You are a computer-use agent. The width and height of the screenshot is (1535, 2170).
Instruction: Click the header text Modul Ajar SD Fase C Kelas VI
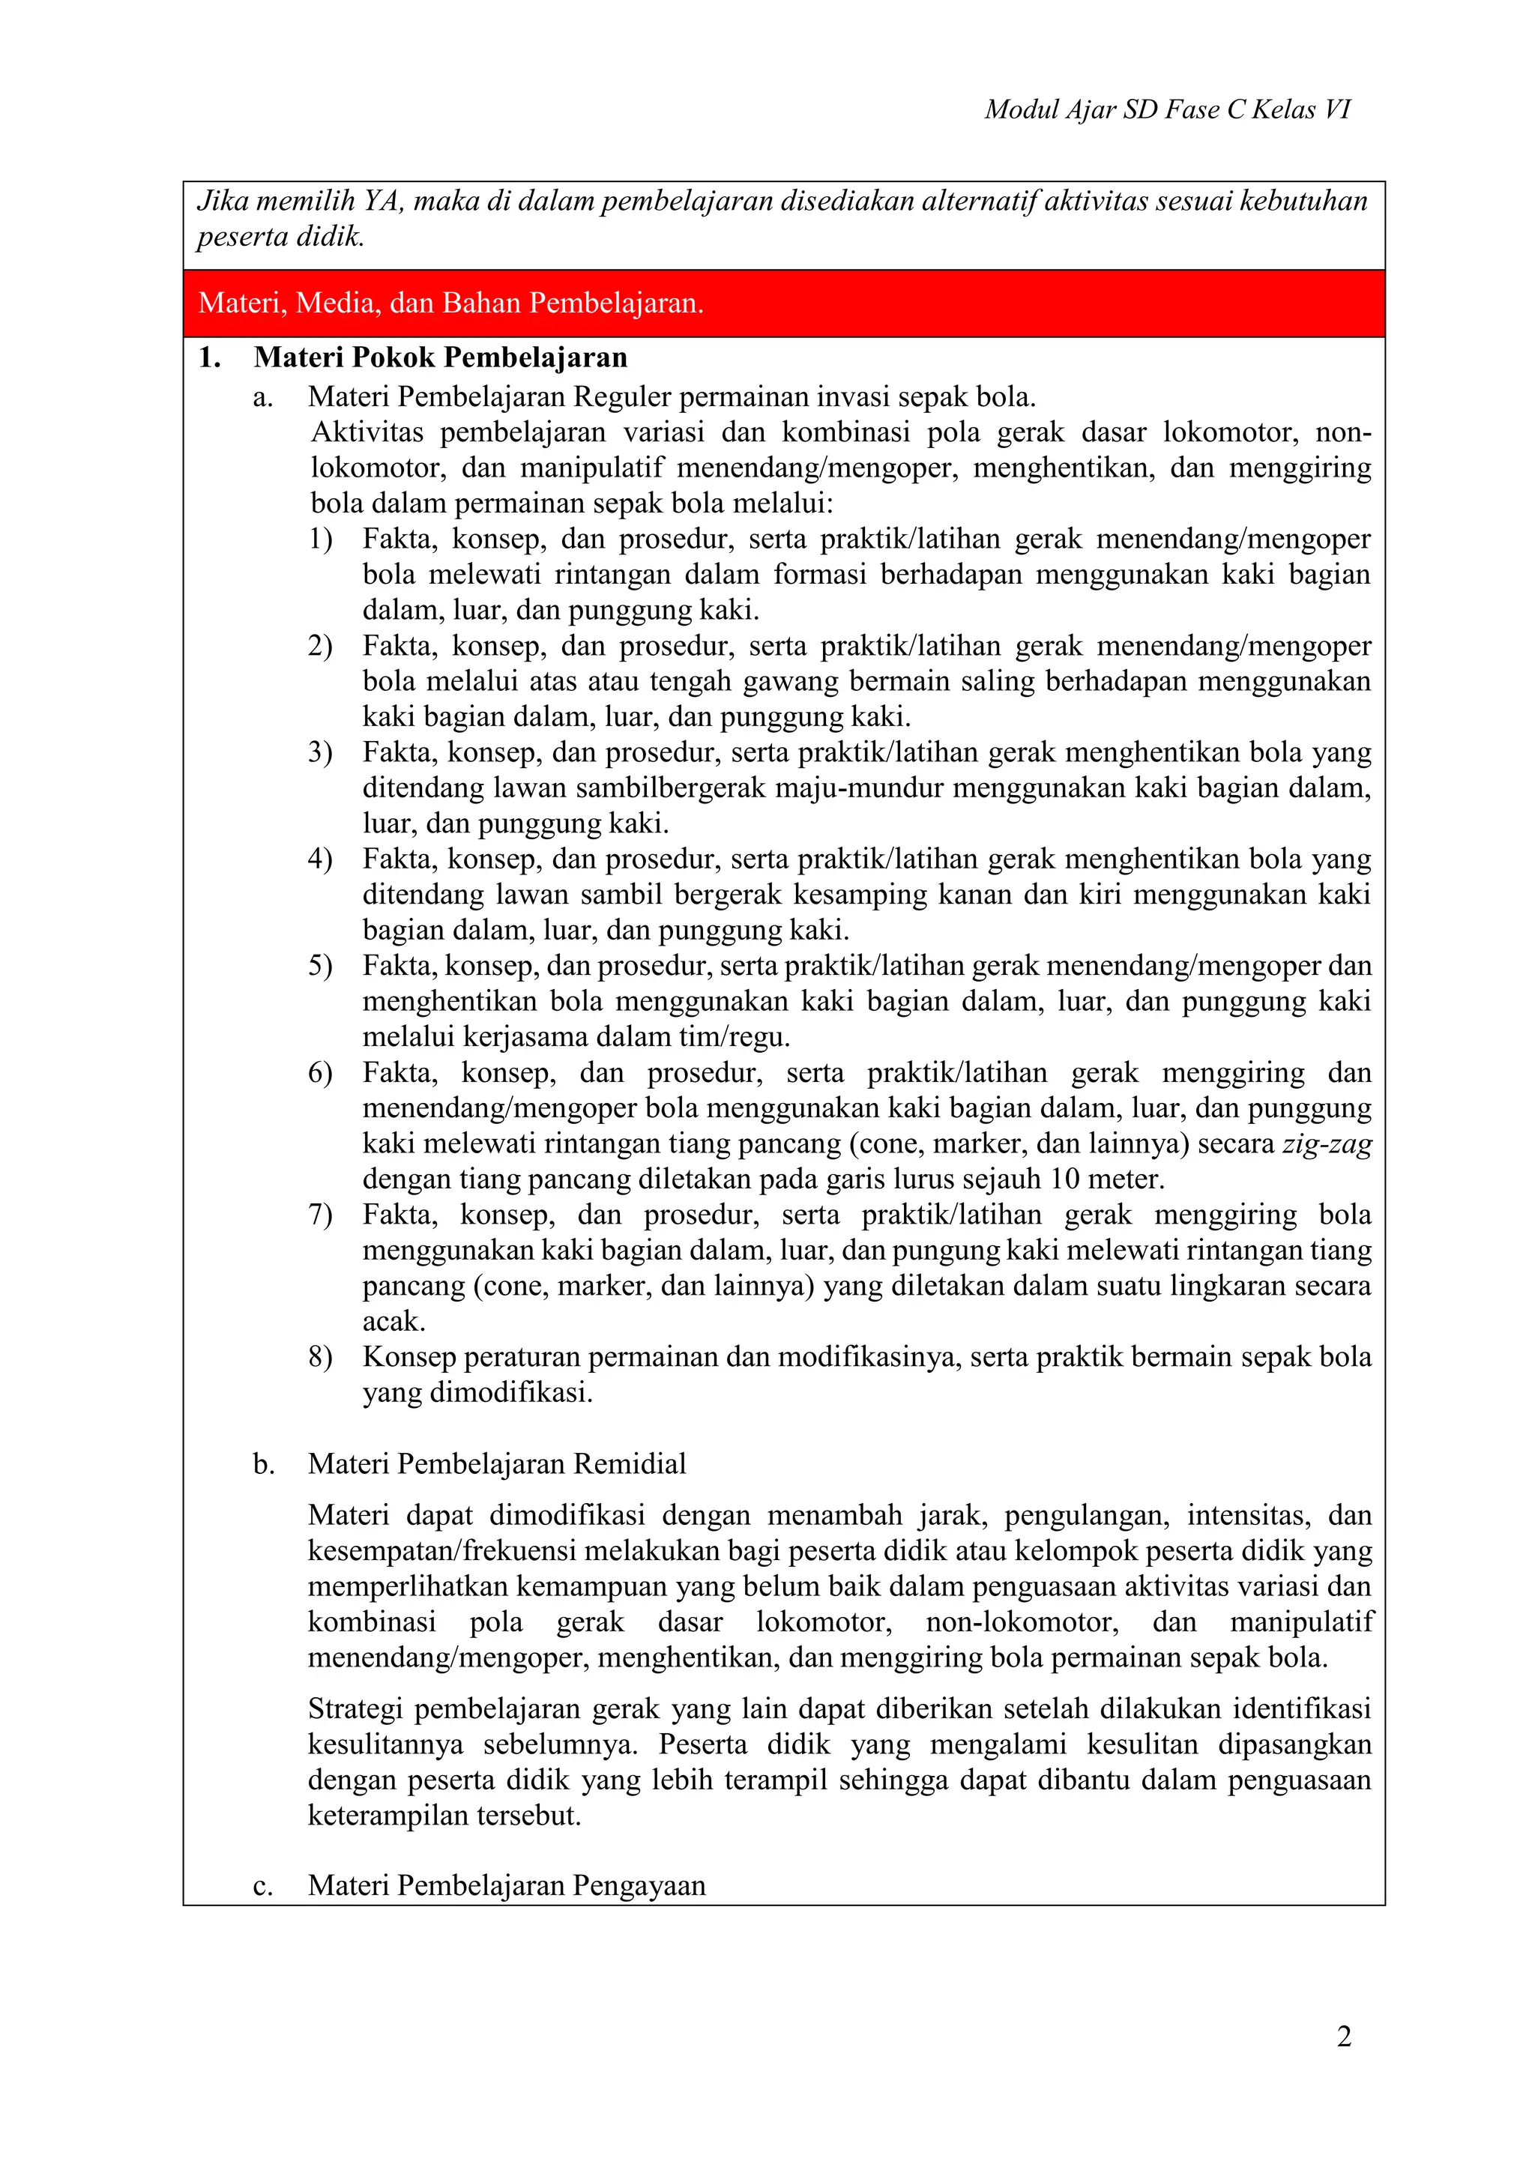1167,109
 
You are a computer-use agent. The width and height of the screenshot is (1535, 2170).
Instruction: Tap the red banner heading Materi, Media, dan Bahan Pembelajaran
451,303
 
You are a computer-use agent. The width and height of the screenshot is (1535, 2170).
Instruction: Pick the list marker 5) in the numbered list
319,966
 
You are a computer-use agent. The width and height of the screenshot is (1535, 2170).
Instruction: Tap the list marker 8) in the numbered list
319,1357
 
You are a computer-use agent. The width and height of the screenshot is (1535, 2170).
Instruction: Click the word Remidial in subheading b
630,1464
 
